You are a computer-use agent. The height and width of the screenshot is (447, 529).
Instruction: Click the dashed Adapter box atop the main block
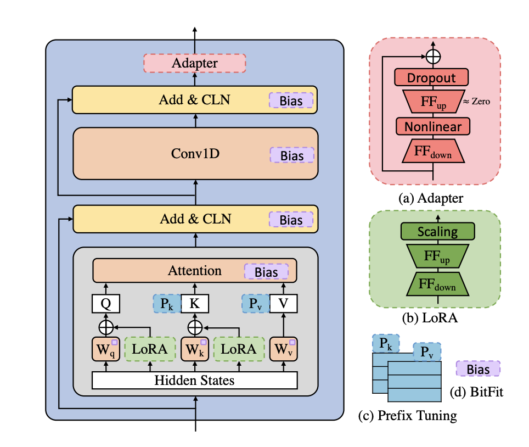[x=194, y=63]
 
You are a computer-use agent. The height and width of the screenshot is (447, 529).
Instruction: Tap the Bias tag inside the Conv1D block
[x=291, y=155]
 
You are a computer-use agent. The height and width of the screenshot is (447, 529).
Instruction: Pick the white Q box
[x=105, y=303]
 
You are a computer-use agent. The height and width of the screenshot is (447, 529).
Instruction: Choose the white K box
[x=195, y=303]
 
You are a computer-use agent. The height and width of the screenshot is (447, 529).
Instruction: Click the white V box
[x=284, y=303]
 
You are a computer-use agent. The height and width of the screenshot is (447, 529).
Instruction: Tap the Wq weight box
[x=105, y=349]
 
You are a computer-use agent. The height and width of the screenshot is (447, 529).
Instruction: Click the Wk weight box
[x=195, y=349]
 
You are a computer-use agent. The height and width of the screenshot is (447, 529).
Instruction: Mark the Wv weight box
[x=284, y=349]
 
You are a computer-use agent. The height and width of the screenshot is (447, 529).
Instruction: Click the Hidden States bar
[x=194, y=380]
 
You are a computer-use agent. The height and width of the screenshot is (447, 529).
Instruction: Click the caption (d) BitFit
[x=476, y=393]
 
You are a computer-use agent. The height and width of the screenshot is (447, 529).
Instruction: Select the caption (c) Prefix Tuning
[x=407, y=416]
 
